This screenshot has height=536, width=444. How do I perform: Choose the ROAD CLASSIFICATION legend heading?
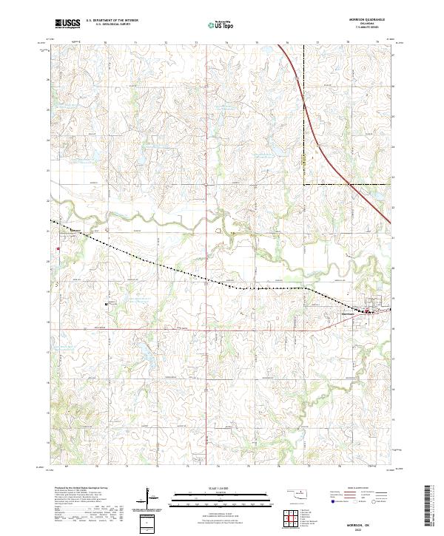tap(357, 488)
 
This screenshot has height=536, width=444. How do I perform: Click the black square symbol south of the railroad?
tap(107, 302)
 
